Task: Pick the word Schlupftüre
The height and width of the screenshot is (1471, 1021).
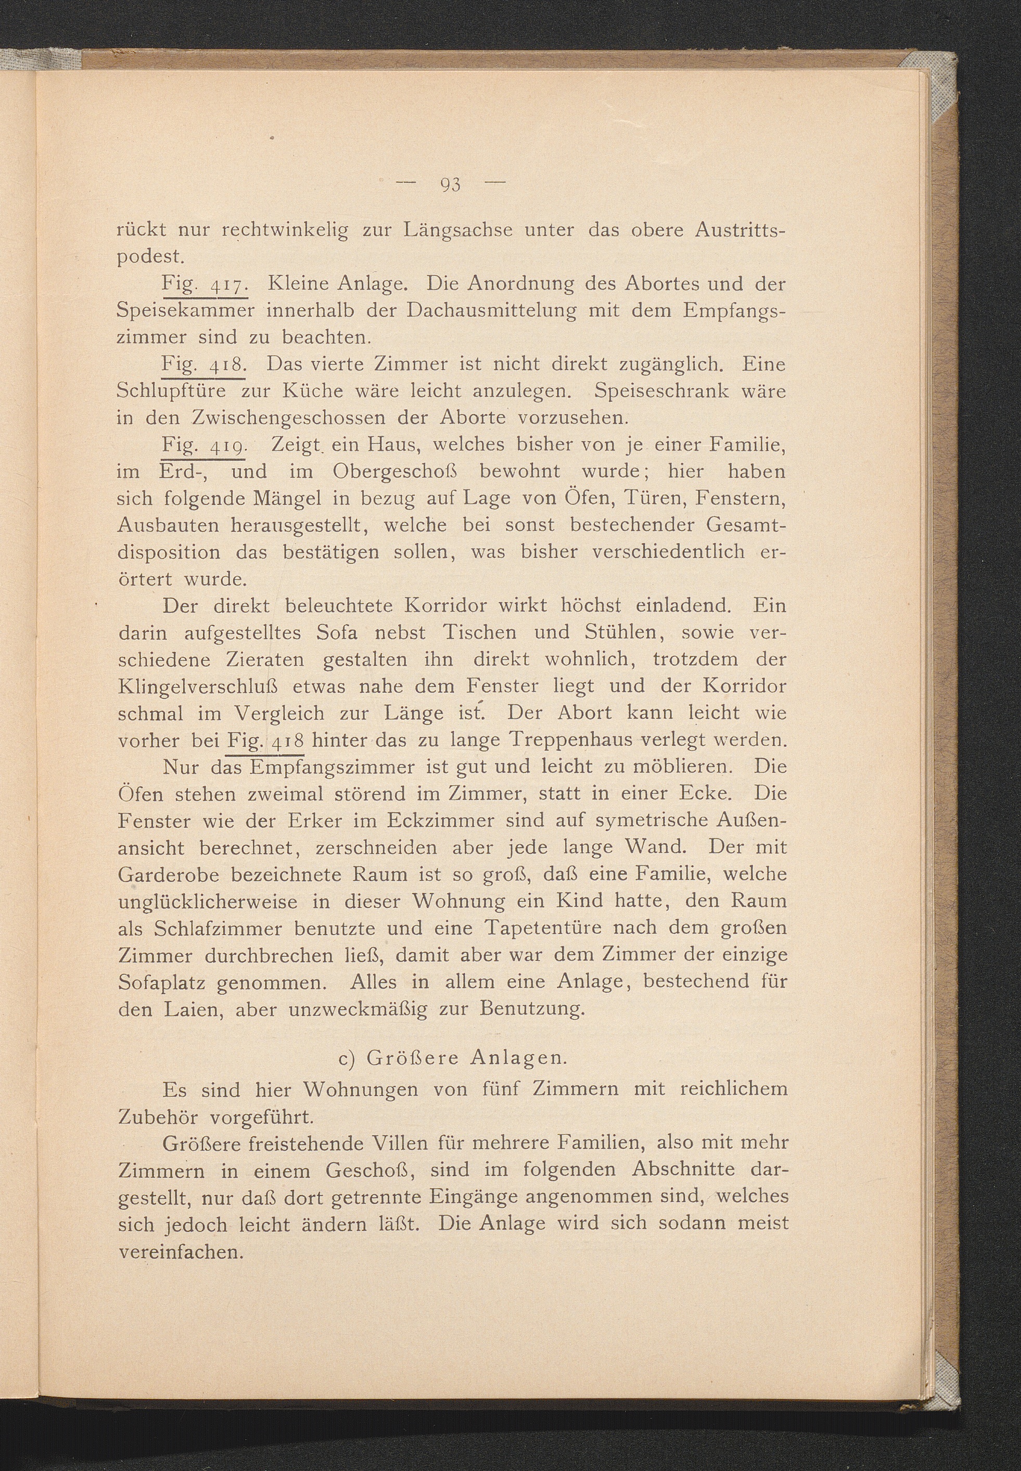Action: [181, 391]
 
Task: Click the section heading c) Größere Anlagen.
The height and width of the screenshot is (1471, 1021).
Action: [452, 1058]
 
